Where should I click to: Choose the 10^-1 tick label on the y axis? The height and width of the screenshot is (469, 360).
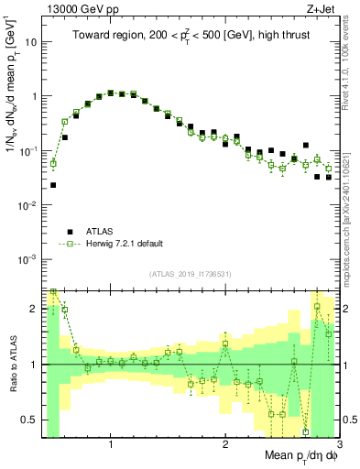[x=27, y=150]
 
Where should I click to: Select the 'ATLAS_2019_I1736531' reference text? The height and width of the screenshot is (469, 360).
[x=190, y=274]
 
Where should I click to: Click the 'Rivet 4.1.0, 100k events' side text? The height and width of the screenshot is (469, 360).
[x=350, y=66]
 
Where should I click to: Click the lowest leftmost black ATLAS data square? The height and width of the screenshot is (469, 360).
[x=53, y=185]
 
